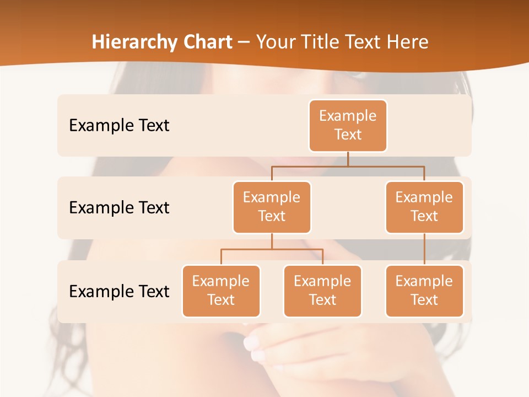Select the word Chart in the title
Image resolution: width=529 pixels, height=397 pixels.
click(x=207, y=42)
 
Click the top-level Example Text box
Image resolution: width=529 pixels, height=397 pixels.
click(x=348, y=125)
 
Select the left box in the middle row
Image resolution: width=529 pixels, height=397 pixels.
click(x=272, y=207)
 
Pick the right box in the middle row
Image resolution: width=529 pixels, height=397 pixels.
click(x=424, y=207)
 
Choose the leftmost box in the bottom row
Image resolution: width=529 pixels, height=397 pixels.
click(x=221, y=291)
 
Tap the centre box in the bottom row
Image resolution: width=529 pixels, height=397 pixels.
click(x=322, y=291)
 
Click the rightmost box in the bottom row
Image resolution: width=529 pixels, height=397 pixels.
click(x=424, y=291)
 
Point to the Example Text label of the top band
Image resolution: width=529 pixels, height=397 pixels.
click(x=119, y=125)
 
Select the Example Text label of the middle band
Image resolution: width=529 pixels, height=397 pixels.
click(x=119, y=207)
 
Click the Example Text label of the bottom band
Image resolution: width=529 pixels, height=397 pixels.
click(x=119, y=291)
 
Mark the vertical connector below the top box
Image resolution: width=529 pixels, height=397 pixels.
click(x=348, y=159)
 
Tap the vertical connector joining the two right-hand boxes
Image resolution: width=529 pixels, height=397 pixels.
click(x=424, y=249)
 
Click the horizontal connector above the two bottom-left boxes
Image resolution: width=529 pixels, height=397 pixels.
click(x=272, y=249)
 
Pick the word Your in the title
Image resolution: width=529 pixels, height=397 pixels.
click(x=275, y=42)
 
